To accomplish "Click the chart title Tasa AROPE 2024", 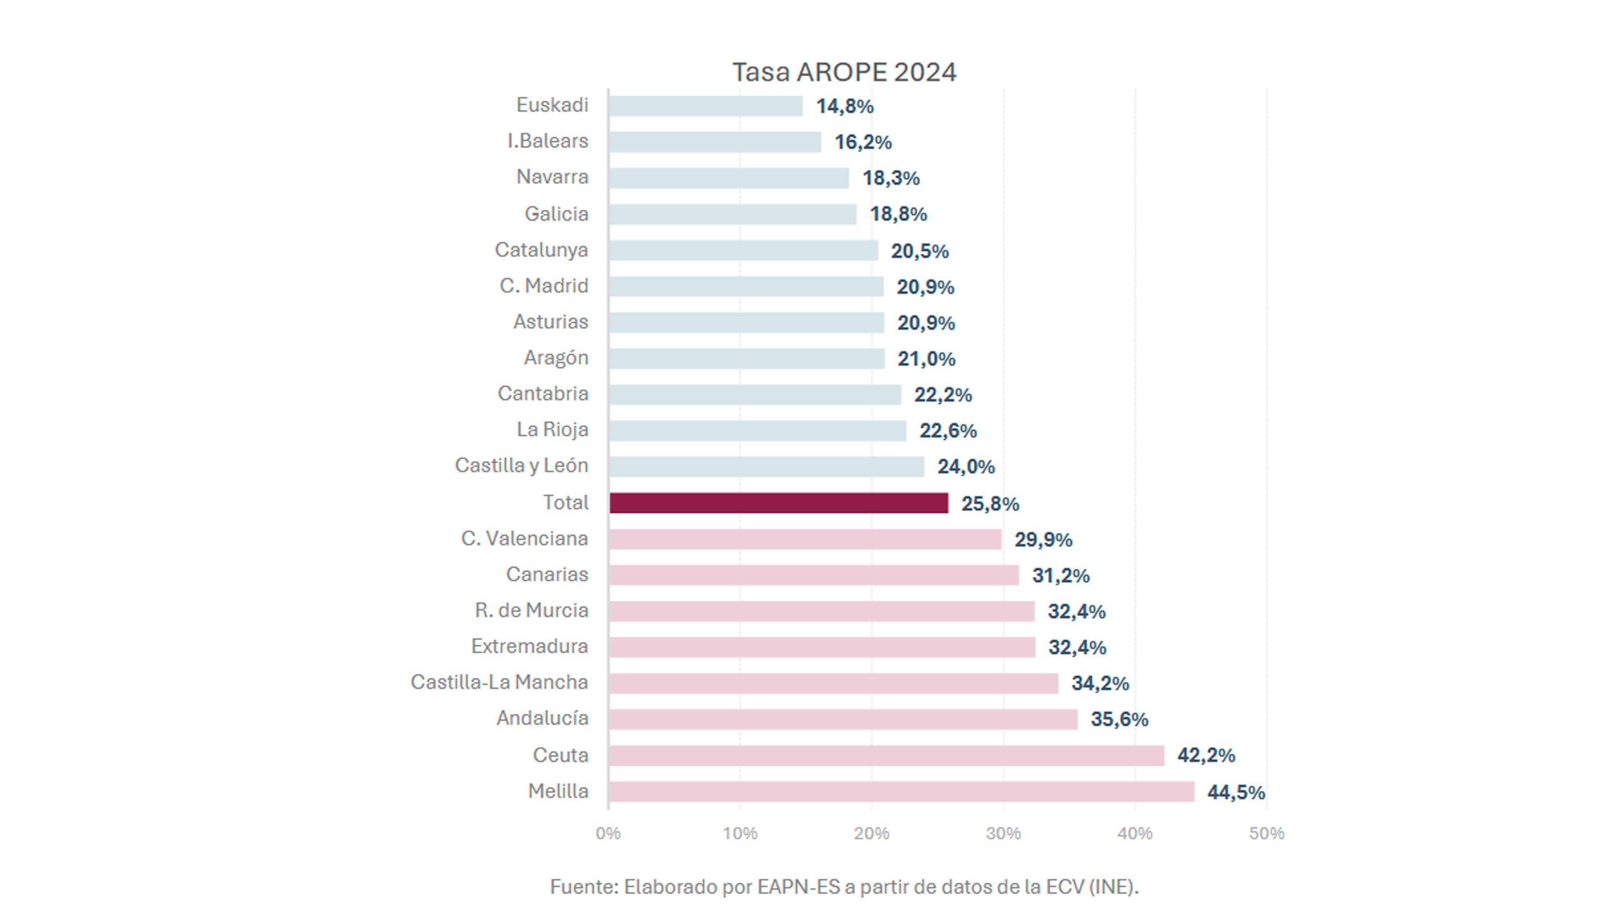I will click(x=844, y=72).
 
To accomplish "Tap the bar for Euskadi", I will click(x=706, y=106).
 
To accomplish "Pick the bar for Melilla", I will click(x=901, y=791).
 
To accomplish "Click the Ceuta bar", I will click(x=886, y=756).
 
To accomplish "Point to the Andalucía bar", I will click(x=843, y=720).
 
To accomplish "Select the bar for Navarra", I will click(x=729, y=178).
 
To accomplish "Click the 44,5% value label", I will click(x=1236, y=793).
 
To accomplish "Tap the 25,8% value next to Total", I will click(x=990, y=504).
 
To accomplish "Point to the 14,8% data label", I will click(x=844, y=106).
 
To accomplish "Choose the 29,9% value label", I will click(x=1043, y=539).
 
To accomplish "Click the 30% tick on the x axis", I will click(x=1003, y=833).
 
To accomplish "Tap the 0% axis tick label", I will click(x=608, y=833).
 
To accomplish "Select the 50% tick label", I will click(x=1267, y=833).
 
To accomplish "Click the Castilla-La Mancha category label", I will click(x=499, y=682).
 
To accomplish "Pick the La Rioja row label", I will click(x=552, y=430).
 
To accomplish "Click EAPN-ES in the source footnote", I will click(x=798, y=886).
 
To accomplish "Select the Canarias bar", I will click(x=814, y=575).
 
